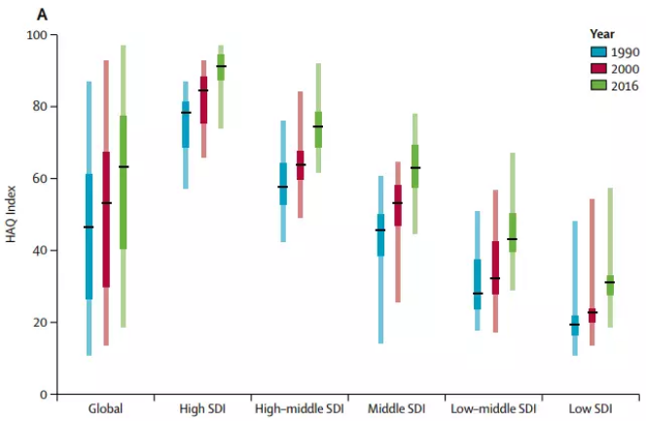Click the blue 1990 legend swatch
599,52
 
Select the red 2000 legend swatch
599,68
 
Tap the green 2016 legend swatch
599,86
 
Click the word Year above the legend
602,33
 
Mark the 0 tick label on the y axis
44,395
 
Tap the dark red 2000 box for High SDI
203,99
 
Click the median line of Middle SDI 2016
415,168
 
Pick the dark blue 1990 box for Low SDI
574,325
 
